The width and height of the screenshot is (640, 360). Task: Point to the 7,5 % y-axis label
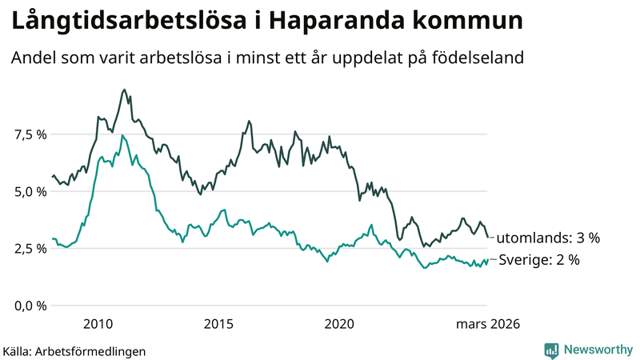click(x=29, y=134)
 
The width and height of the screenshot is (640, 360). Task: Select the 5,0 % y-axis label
click(x=29, y=192)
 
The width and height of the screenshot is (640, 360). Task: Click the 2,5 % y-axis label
click(x=29, y=249)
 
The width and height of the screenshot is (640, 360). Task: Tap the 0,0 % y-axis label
click(x=29, y=306)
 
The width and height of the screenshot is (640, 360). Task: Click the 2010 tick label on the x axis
click(x=98, y=324)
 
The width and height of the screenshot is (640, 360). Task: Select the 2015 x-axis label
click(x=218, y=324)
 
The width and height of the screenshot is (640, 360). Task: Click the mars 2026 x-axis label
click(x=488, y=324)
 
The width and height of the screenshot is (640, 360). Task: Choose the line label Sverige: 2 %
click(x=539, y=260)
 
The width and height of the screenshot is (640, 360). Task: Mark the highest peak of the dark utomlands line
click(x=123, y=90)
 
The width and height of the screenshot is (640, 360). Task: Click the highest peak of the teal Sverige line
click(x=122, y=135)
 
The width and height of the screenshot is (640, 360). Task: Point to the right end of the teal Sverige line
click(x=487, y=259)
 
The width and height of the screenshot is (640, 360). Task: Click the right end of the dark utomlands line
click(x=488, y=237)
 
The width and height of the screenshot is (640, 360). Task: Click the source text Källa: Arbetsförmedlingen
click(x=74, y=350)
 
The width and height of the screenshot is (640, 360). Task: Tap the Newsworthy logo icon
click(x=551, y=350)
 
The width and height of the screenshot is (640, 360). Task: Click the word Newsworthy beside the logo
click(x=598, y=350)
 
